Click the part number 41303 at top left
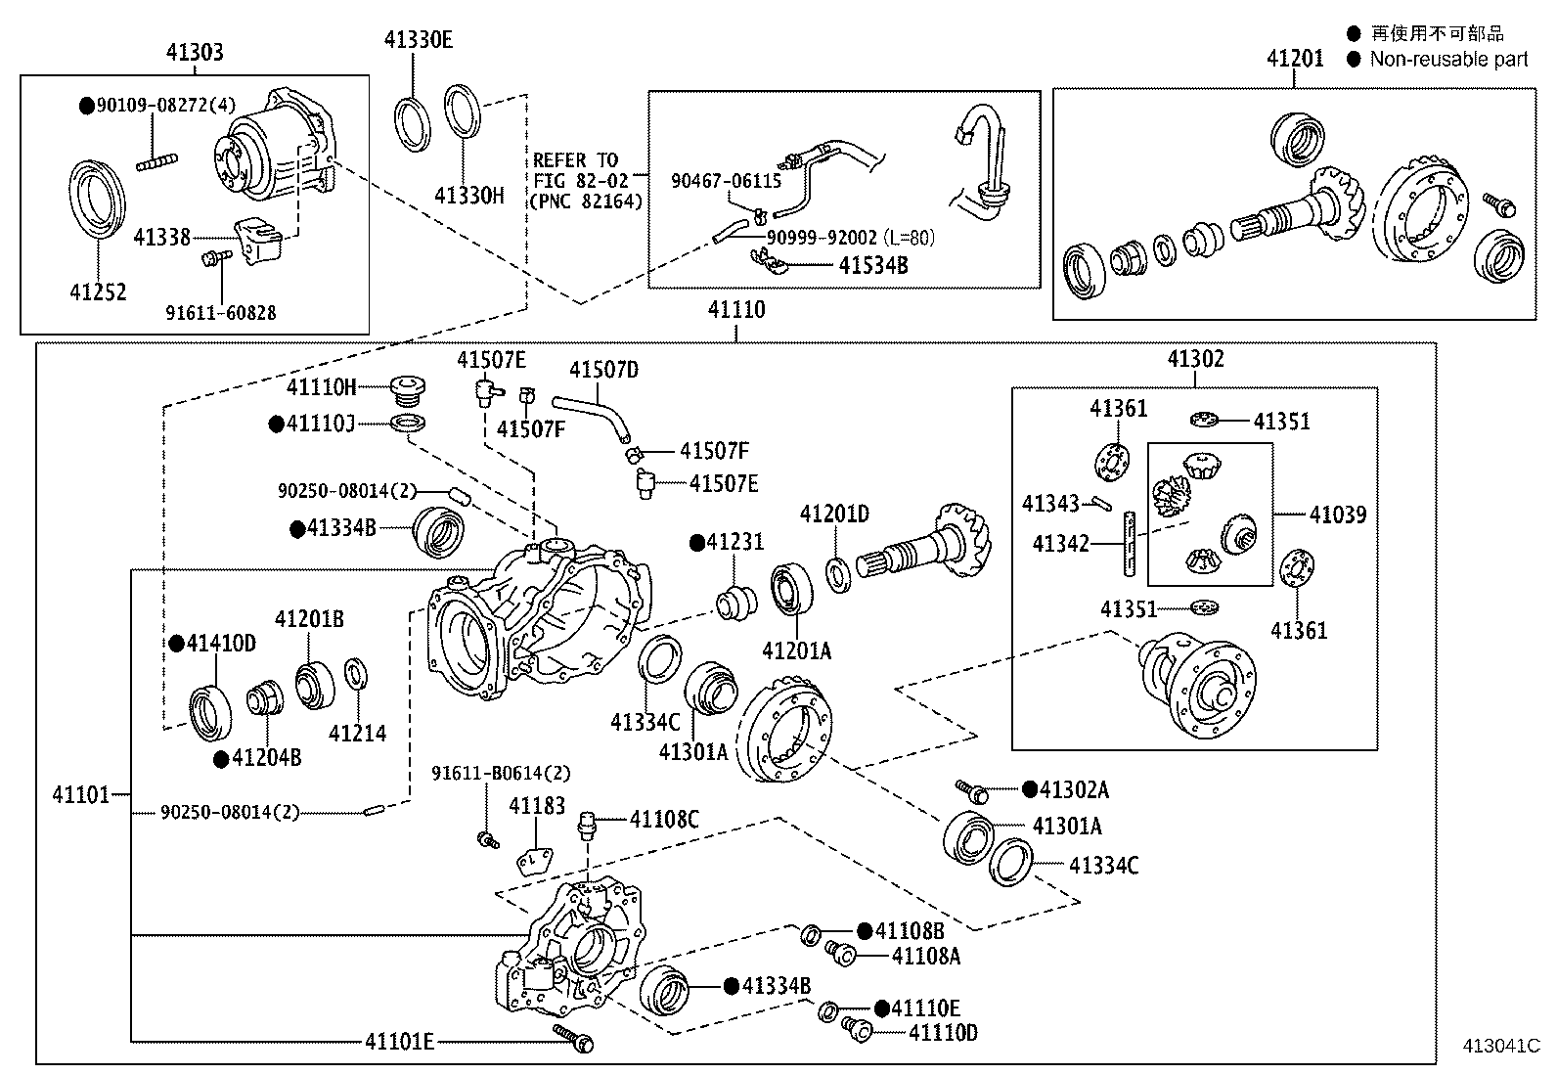[x=195, y=52]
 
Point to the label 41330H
[x=468, y=195]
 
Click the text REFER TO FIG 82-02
[x=576, y=170]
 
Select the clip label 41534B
[x=873, y=265]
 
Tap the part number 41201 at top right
[x=1295, y=58]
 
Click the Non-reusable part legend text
[x=1447, y=59]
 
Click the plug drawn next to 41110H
[x=407, y=391]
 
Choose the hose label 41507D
[x=603, y=369]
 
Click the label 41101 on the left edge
[x=80, y=794]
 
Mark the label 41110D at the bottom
[x=943, y=1032]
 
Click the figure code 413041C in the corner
[x=1500, y=1046]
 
